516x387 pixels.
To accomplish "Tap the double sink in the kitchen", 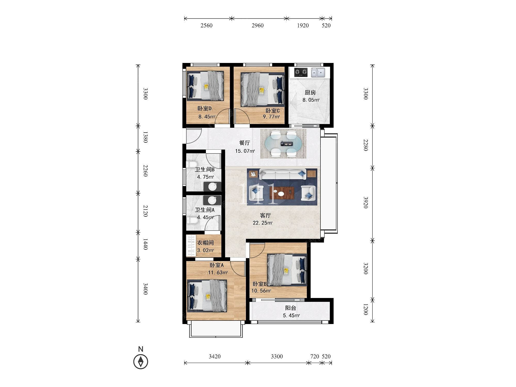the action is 318,72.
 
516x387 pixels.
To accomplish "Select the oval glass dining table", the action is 283,144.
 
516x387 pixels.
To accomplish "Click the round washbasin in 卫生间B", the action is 213,187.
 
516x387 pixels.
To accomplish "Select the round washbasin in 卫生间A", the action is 212,200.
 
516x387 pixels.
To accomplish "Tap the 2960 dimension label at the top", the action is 257,25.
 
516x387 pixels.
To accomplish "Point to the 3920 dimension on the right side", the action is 366,203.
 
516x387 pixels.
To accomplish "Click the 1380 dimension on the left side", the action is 145,137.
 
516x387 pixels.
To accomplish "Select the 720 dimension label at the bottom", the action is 315,356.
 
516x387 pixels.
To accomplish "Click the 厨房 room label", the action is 310,93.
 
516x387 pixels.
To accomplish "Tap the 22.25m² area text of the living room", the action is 263,223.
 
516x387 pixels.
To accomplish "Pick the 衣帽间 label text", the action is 205,243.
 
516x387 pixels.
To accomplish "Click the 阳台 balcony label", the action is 291,308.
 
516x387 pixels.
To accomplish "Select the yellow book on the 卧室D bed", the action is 206,86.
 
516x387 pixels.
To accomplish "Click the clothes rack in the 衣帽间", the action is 191,245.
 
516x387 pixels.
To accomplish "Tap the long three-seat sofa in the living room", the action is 282,174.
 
